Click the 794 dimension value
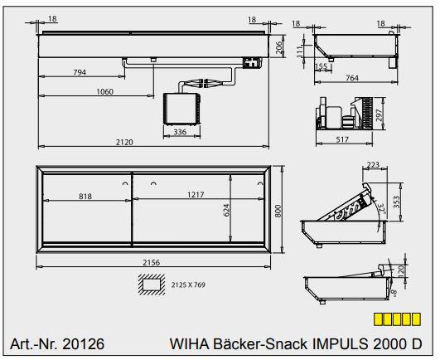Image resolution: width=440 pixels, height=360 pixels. tap(79, 73)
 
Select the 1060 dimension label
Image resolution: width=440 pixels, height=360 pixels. tap(104, 91)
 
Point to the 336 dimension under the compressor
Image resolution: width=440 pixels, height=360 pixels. tap(179, 131)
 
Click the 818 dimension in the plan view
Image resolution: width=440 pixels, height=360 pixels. tap(85, 196)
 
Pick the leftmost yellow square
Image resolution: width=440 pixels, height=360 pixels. tap(379, 318)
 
